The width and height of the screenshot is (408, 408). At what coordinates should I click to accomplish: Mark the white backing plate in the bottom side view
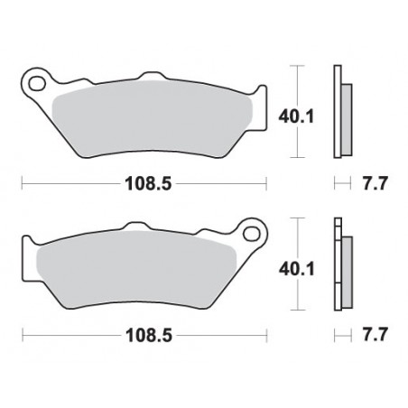pos(338,266)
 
